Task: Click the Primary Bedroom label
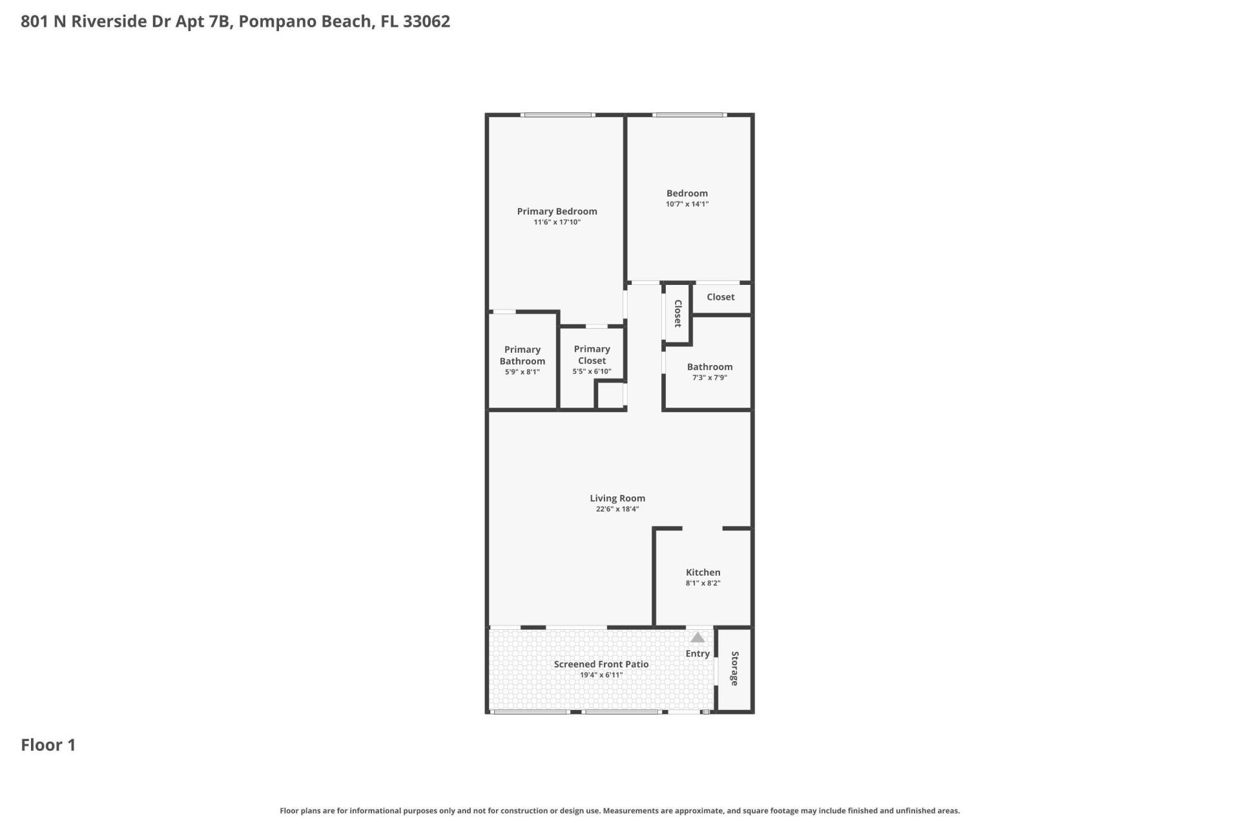557,211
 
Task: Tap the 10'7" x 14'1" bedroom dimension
687,204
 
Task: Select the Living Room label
617,498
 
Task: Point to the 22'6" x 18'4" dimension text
617,509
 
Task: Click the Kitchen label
703,572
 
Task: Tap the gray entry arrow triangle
697,638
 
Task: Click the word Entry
697,654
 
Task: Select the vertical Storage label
734,668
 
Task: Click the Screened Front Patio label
601,664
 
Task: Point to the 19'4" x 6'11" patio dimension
601,675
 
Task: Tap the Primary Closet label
592,355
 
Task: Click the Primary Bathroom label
522,355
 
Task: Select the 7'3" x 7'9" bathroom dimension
710,378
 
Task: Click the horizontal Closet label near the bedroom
720,297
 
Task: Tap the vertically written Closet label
678,313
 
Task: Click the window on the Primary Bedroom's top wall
558,116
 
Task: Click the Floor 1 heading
48,745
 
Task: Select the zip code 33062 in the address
426,21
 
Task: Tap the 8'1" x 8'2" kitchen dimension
703,583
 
